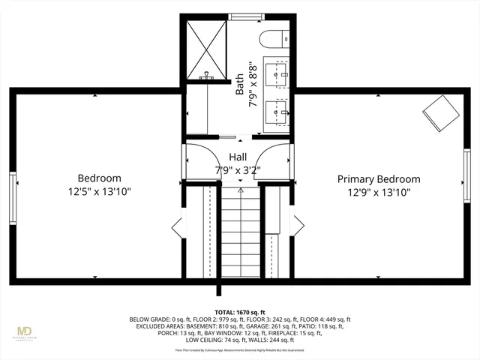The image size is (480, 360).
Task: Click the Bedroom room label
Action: [99, 178]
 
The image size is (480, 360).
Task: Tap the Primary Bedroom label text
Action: [378, 179]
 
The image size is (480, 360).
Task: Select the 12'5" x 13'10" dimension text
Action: [99, 192]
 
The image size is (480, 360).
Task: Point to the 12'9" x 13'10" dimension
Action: [378, 192]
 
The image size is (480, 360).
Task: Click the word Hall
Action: [238, 157]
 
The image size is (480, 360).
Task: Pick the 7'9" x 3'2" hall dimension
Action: [238, 169]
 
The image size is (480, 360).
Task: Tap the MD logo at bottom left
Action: [25, 331]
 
